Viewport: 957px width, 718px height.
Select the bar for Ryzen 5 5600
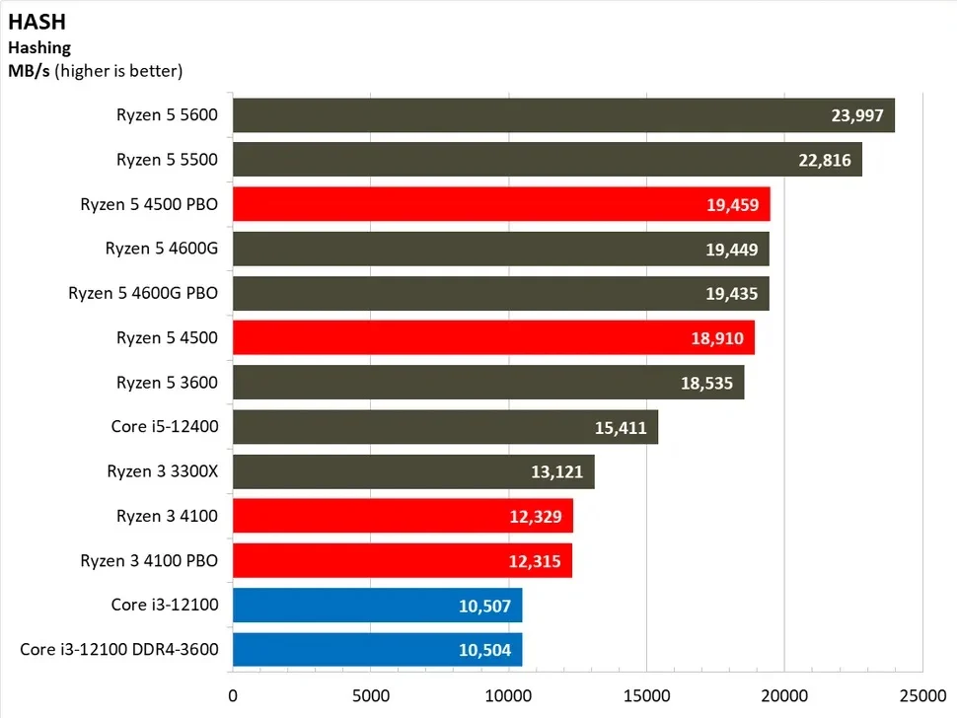click(562, 115)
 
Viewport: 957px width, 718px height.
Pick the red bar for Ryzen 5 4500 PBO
click(500, 204)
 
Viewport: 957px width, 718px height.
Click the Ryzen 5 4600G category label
click(161, 249)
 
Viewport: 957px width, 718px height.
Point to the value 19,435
click(731, 294)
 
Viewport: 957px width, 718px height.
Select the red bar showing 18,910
click(493, 338)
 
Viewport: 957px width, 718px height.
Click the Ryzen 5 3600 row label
click(167, 383)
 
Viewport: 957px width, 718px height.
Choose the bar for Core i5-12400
click(445, 427)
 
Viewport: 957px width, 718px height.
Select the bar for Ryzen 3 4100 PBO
click(402, 561)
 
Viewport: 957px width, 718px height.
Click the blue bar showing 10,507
click(377, 606)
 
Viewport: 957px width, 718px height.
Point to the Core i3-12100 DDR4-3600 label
click(118, 650)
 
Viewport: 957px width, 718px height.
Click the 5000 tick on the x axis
click(370, 694)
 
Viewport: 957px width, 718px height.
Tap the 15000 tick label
click(646, 694)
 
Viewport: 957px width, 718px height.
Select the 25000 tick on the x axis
click(922, 694)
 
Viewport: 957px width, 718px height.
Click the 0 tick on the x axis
click(233, 694)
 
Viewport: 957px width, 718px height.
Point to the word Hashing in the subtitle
click(39, 46)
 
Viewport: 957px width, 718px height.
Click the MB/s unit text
click(30, 70)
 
